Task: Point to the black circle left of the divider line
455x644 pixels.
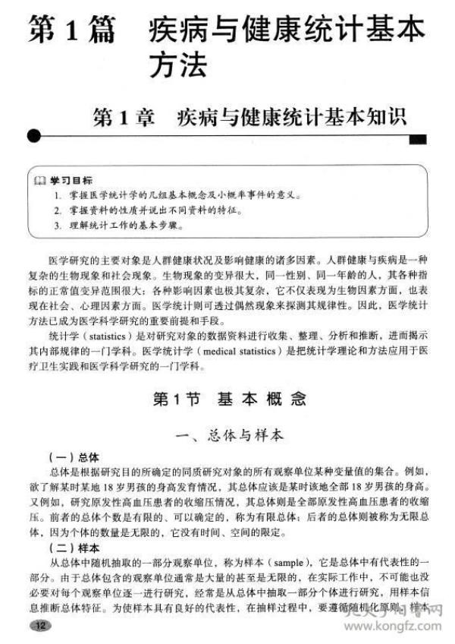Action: pos(33,137)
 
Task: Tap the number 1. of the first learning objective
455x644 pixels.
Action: pos(57,195)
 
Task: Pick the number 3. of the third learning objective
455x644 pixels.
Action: pos(57,226)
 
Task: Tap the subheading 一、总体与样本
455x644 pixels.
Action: pos(228,435)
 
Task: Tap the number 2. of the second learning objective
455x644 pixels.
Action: pos(57,210)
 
